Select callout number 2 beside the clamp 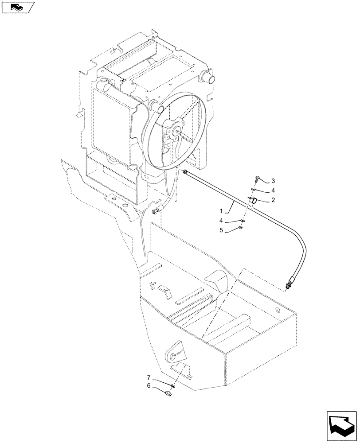[273, 200]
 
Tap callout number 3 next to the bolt [273, 181]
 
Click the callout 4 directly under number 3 [273, 190]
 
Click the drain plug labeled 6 [168, 392]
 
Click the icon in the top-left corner [17, 7]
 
